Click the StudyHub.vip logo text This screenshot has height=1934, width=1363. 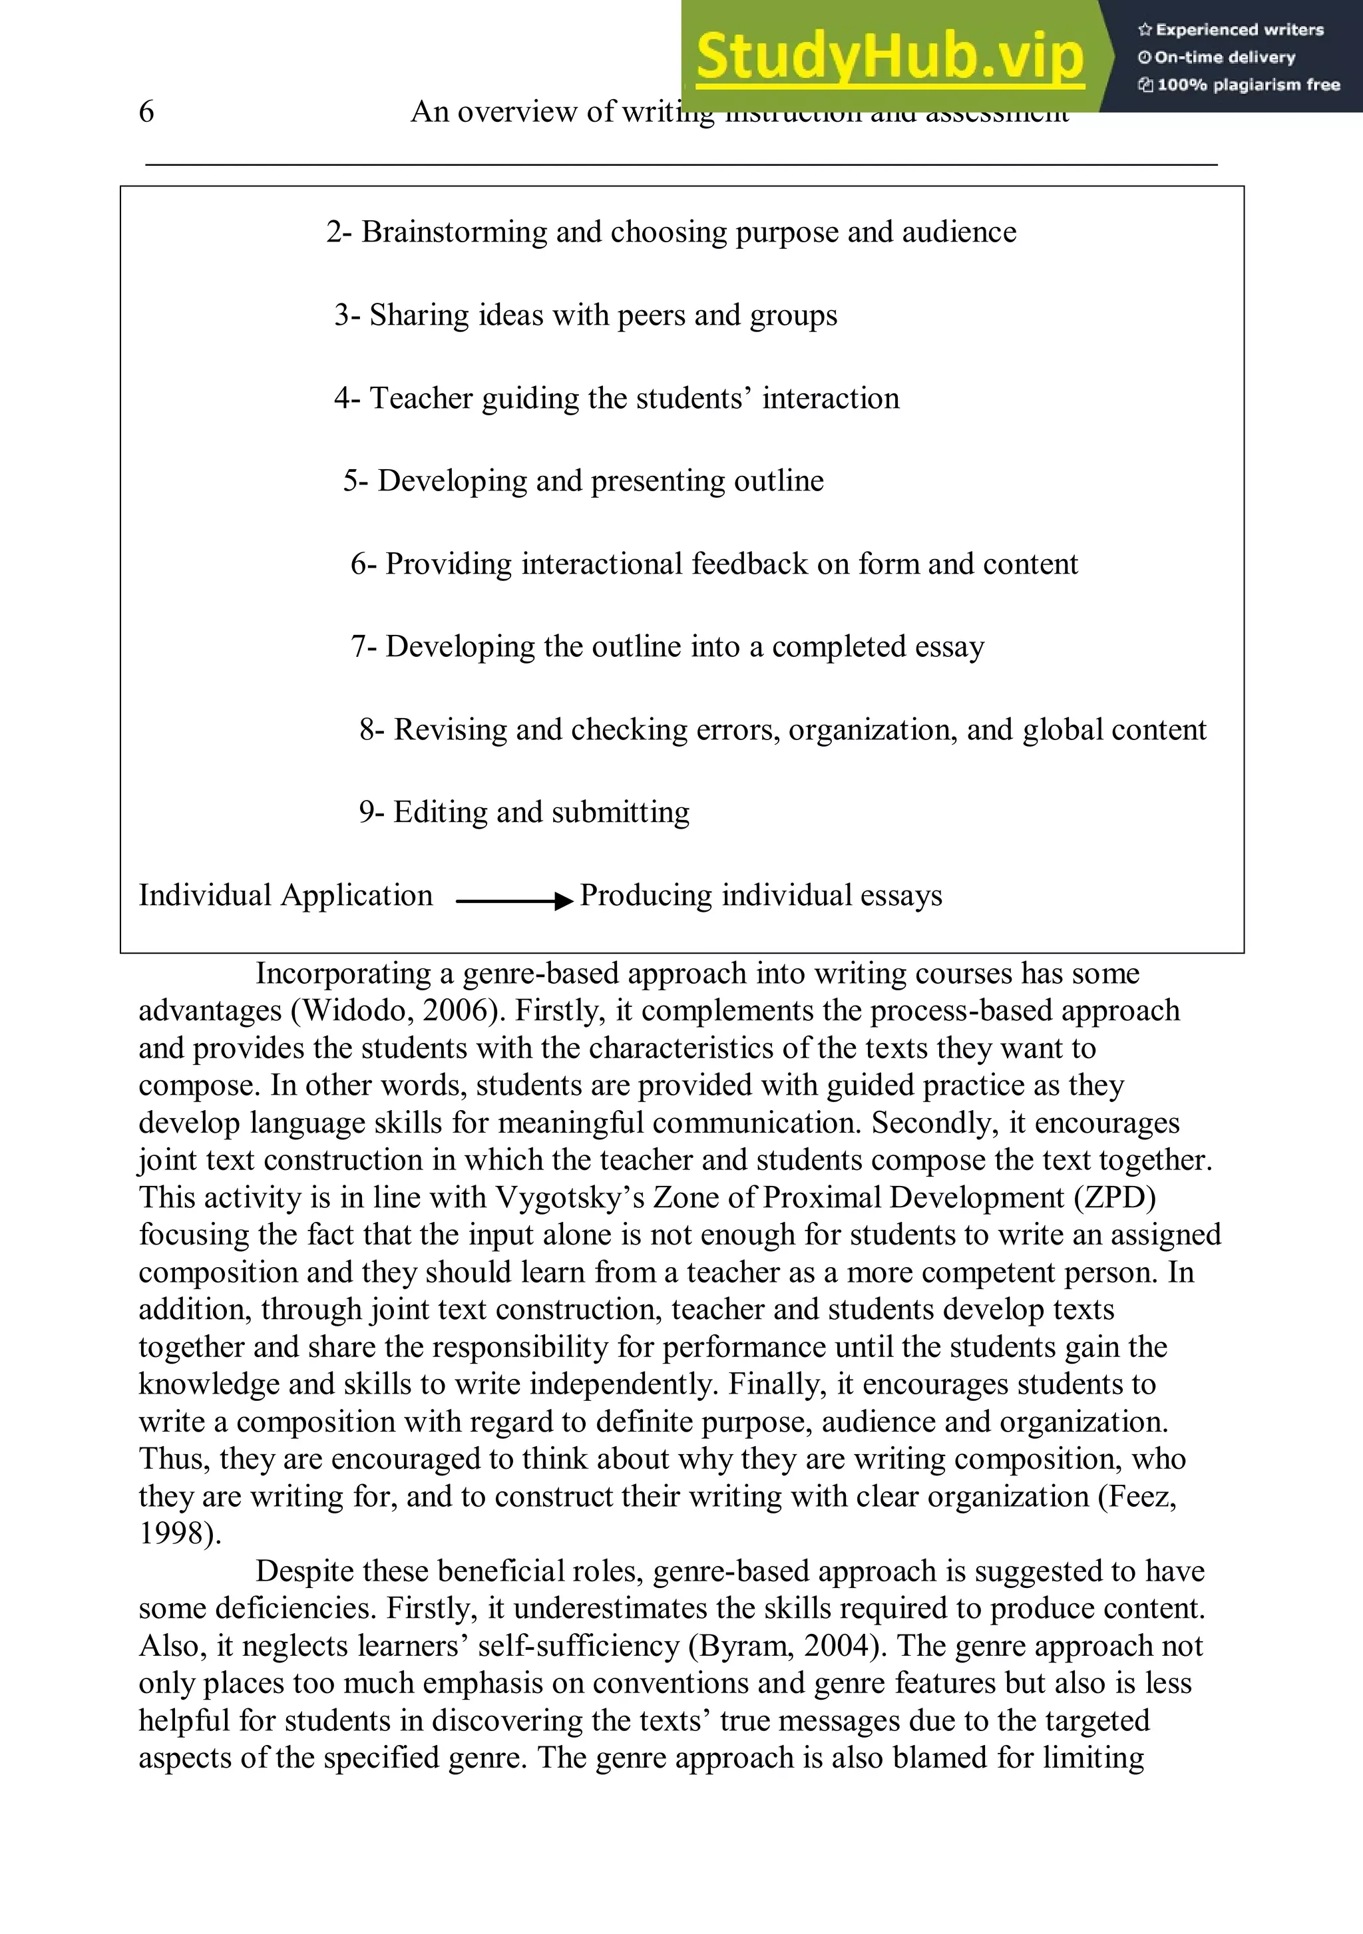[890, 56]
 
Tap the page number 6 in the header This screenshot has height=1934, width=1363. [146, 111]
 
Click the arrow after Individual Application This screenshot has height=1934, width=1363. [514, 900]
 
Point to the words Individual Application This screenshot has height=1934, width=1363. [286, 895]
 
